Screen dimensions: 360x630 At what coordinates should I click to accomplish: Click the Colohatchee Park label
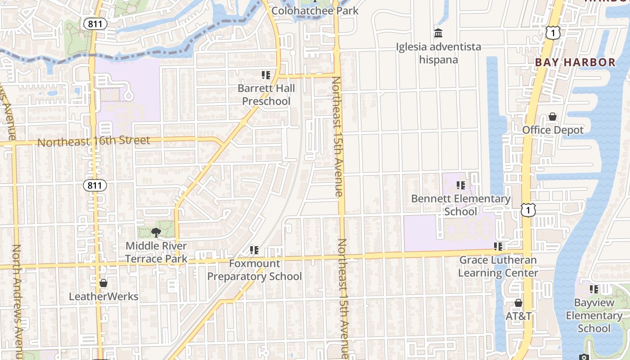[x=315, y=10]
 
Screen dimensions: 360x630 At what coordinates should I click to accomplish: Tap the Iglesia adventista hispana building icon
[x=438, y=33]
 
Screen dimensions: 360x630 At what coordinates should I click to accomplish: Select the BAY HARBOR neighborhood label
[x=575, y=63]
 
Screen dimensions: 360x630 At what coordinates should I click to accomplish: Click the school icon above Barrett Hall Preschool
[x=266, y=75]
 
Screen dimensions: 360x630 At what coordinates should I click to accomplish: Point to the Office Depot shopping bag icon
[x=553, y=117]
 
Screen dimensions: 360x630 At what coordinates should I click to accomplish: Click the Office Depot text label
[x=553, y=130]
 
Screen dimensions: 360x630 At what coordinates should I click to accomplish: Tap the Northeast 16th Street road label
[x=94, y=141]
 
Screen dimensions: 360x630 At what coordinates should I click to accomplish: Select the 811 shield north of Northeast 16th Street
[x=95, y=24]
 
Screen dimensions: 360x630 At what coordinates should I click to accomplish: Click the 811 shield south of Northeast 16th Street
[x=95, y=185]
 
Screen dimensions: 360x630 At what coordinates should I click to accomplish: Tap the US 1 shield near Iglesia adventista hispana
[x=553, y=32]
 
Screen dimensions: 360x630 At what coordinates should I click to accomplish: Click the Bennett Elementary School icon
[x=460, y=185]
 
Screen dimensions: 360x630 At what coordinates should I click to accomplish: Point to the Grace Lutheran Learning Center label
[x=498, y=266]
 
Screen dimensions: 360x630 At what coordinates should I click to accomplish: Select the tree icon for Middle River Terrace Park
[x=156, y=232]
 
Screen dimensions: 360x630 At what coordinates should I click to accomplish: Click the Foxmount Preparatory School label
[x=254, y=270]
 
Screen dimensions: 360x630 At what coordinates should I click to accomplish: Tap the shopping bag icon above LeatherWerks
[x=103, y=283]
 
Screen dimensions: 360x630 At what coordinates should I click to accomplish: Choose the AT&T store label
[x=518, y=316]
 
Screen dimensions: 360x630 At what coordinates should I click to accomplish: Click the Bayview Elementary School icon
[x=594, y=289]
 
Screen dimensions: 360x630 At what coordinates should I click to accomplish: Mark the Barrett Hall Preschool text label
[x=266, y=94]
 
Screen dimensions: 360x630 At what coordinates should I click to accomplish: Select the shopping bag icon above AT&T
[x=518, y=303]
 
